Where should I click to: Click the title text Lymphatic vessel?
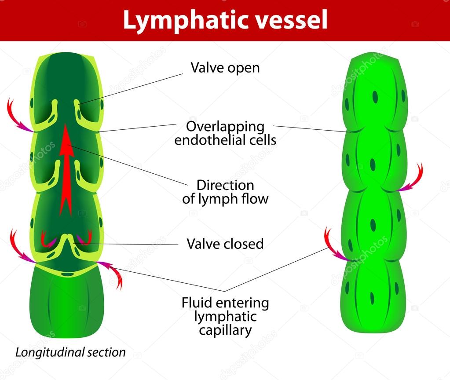point(225,20)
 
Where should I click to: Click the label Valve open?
point(225,68)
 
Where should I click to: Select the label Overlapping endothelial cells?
point(225,133)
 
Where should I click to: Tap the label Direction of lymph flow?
point(225,191)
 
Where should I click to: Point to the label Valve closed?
point(225,244)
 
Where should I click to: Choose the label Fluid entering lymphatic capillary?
point(225,316)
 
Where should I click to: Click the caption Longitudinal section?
point(70,352)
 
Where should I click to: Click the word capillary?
point(225,330)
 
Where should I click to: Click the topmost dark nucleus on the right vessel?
point(375,97)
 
